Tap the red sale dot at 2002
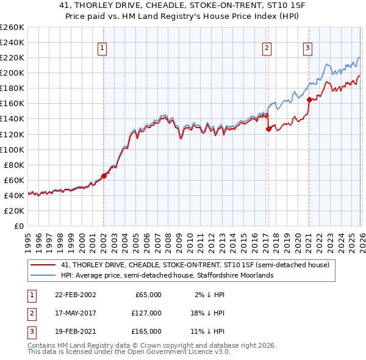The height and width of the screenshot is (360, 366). [x=104, y=176]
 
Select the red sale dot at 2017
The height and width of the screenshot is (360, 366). [x=268, y=128]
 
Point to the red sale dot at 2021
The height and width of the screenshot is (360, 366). [x=309, y=99]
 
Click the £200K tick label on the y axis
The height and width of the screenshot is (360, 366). [x=12, y=73]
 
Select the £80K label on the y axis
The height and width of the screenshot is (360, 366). [x=14, y=165]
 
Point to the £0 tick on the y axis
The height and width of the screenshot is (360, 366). [x=18, y=226]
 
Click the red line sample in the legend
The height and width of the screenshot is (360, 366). [x=43, y=265]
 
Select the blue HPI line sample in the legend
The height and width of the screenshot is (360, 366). [x=43, y=275]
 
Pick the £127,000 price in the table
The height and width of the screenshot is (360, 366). [x=146, y=313]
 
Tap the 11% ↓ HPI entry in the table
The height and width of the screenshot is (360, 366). [x=207, y=331]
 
